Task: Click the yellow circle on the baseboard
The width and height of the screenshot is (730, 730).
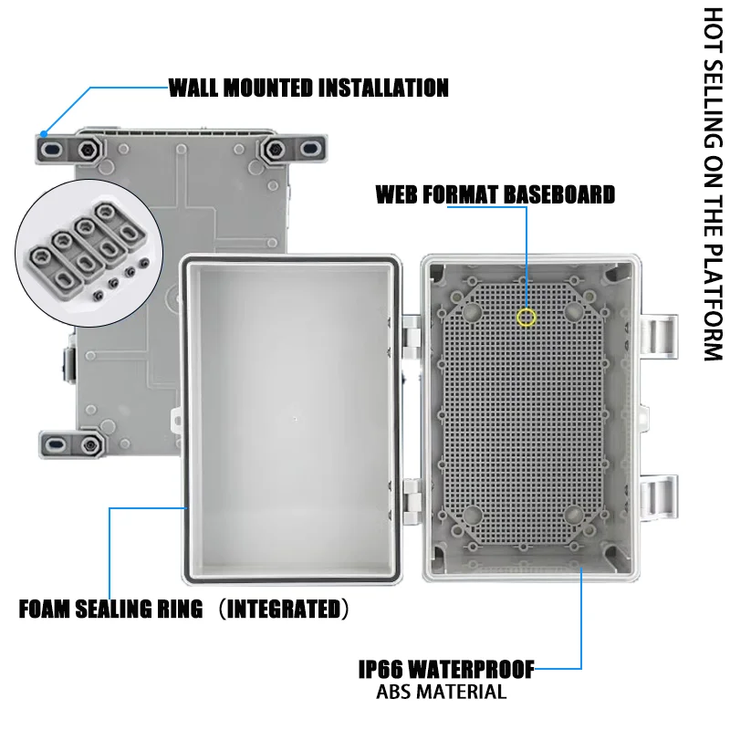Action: (526, 318)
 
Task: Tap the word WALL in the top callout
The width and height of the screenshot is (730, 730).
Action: (194, 89)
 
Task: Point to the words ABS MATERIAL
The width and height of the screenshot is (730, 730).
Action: (441, 692)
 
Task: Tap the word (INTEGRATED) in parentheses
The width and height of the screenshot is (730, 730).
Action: (282, 610)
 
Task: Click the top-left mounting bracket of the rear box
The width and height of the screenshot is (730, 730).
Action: (58, 148)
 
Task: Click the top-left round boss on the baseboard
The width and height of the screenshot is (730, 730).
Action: (473, 311)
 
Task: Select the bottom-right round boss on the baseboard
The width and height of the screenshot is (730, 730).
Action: (575, 516)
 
